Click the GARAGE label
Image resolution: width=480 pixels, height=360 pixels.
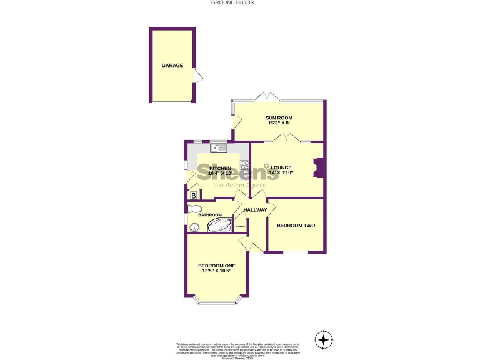(172, 65)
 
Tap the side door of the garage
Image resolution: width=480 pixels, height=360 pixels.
(198, 77)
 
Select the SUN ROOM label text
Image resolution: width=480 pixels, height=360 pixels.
(278, 117)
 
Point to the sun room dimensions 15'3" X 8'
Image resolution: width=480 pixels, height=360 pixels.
(278, 124)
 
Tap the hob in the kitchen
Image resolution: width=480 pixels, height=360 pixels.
(244, 166)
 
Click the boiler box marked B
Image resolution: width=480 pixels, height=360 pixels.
(194, 196)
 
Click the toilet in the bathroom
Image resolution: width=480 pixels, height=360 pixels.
(194, 209)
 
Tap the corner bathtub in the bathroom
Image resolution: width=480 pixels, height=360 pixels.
(219, 224)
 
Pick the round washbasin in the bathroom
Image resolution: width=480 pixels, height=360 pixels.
(194, 227)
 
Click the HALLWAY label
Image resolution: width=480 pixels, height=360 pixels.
(255, 209)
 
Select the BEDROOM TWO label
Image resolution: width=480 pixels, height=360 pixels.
(295, 225)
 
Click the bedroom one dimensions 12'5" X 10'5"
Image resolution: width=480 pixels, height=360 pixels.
(218, 271)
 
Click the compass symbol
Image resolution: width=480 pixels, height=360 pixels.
(324, 340)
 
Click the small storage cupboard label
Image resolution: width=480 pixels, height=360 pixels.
(239, 225)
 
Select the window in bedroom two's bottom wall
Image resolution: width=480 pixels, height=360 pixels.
(294, 252)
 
